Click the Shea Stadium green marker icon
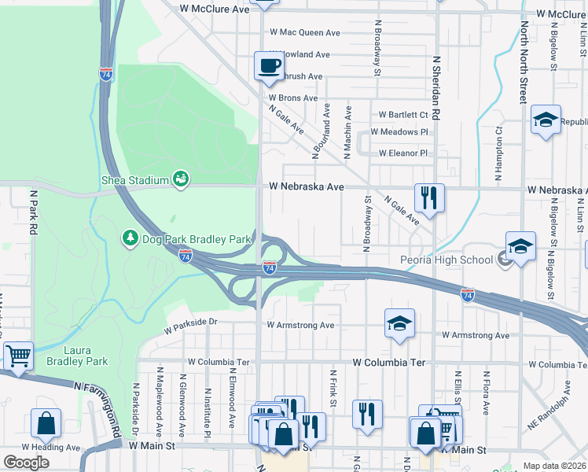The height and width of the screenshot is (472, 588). [x=182, y=179]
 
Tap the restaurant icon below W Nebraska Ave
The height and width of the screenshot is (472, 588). [x=429, y=197]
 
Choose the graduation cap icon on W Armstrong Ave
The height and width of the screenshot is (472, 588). [x=399, y=323]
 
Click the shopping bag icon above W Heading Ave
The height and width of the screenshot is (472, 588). [x=46, y=423]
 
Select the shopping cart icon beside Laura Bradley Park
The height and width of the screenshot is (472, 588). [x=17, y=355]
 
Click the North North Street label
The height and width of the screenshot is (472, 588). [x=523, y=63]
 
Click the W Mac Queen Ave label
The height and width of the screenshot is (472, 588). [x=305, y=33]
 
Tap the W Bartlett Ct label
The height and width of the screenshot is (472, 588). [x=402, y=114]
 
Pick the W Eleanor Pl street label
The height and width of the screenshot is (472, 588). [x=402, y=153]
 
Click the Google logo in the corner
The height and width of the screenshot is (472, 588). [x=27, y=463]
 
